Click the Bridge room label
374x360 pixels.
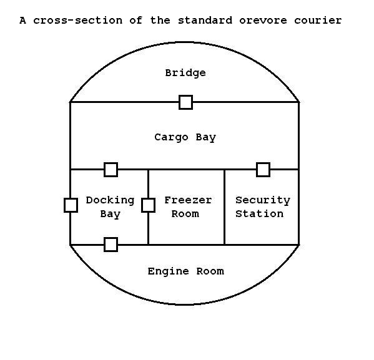[x=185, y=73]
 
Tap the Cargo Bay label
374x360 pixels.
[x=185, y=137]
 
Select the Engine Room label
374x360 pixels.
[x=186, y=271]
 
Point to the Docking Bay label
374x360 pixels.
[x=110, y=207]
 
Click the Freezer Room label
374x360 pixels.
[x=188, y=207]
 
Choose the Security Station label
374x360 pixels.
[x=263, y=207]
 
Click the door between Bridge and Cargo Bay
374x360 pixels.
[x=186, y=102]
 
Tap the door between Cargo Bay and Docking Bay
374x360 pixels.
[x=111, y=170]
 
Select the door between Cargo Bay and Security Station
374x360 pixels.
[x=263, y=170]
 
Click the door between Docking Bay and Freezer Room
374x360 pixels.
[x=149, y=205]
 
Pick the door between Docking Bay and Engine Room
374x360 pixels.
[x=111, y=245]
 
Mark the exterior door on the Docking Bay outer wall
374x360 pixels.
[x=71, y=205]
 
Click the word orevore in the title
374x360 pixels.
[x=263, y=21]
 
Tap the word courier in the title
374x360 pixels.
[x=318, y=21]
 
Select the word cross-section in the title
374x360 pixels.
[x=78, y=21]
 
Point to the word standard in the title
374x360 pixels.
[x=205, y=20]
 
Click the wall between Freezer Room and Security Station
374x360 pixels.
[x=224, y=207]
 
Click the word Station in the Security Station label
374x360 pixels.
[x=260, y=214]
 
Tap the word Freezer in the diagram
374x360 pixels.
[x=188, y=200]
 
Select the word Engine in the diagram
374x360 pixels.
[x=168, y=271]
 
